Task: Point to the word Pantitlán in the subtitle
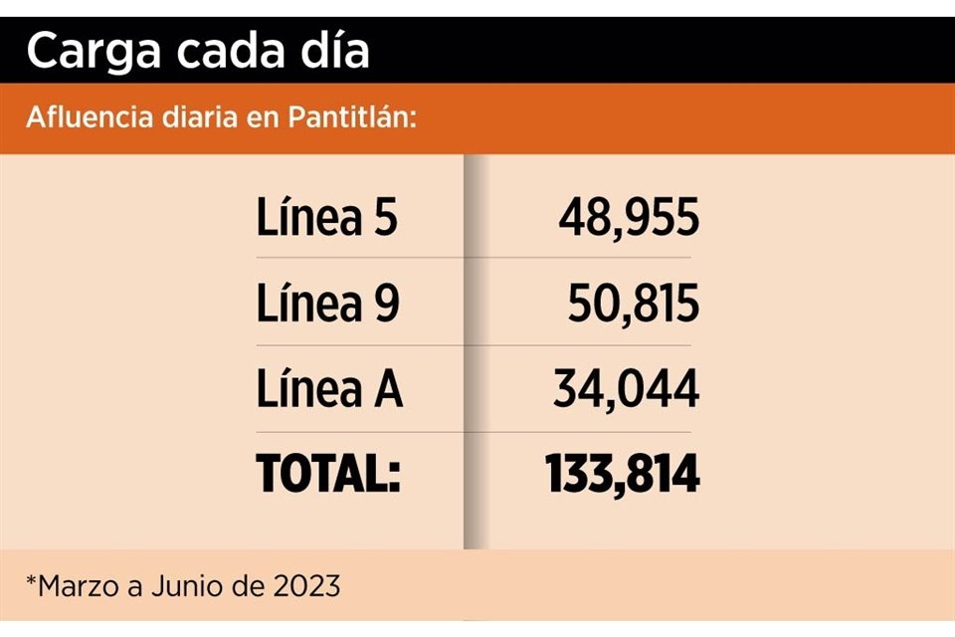tap(350, 118)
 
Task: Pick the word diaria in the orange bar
tap(198, 118)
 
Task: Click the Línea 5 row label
tap(327, 218)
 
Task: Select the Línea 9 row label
tap(327, 304)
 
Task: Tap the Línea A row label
tap(329, 389)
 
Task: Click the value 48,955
tap(628, 218)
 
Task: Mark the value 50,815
tap(634, 304)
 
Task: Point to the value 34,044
tap(626, 389)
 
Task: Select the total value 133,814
tap(623, 475)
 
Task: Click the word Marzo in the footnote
tap(83, 586)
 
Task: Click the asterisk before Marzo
tap(32, 580)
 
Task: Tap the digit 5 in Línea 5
tap(385, 219)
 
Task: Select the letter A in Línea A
tap(387, 390)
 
